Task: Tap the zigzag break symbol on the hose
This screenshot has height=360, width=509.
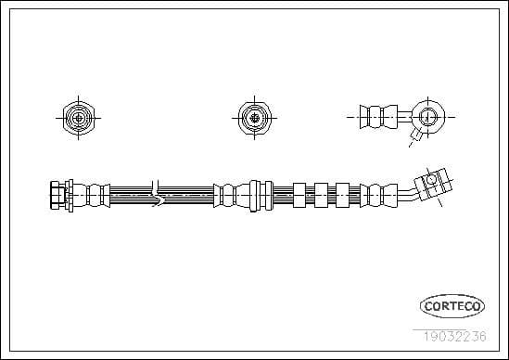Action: pyautogui.click(x=159, y=195)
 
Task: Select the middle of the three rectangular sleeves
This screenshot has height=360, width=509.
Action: pyautogui.click(x=322, y=195)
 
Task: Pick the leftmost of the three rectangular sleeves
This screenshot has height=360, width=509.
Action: pyautogui.click(x=299, y=195)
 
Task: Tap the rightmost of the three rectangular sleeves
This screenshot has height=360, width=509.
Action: pyautogui.click(x=343, y=195)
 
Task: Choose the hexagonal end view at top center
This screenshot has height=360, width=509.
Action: pyautogui.click(x=251, y=117)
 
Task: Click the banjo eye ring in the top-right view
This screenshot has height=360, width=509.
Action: pyautogui.click(x=427, y=117)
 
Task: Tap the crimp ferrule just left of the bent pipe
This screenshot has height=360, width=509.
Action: pyautogui.click(x=373, y=195)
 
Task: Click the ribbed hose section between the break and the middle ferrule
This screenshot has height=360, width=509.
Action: pyautogui.click(x=189, y=195)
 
